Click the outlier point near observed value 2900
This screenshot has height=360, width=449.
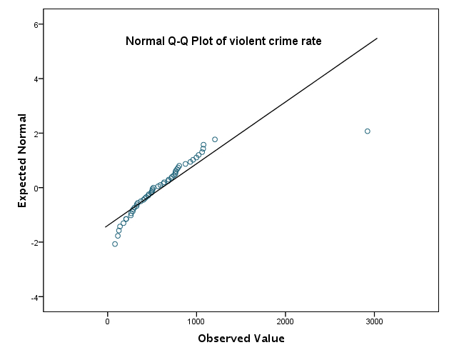coord(367,131)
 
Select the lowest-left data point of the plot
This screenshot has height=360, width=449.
coord(115,244)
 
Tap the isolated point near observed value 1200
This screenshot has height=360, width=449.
coord(215,139)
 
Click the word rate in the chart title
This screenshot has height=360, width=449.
coord(310,41)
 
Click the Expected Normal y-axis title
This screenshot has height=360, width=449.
coord(22,161)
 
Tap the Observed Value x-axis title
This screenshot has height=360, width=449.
coord(241,339)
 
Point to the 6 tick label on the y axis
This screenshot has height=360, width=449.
coord(36,24)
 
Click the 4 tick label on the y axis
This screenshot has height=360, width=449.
coord(36,79)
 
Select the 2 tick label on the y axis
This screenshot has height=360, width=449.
coord(36,134)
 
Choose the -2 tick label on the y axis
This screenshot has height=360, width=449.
coord(35,242)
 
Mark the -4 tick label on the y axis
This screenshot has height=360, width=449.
coord(35,296)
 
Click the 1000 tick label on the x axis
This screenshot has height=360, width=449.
coord(197,321)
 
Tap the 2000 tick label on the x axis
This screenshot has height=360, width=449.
coord(286,321)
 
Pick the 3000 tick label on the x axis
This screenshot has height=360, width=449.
coord(375,321)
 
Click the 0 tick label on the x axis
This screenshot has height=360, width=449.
coord(108,321)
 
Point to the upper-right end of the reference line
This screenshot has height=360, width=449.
coord(377,39)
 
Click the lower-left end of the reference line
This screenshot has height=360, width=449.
coord(106,227)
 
